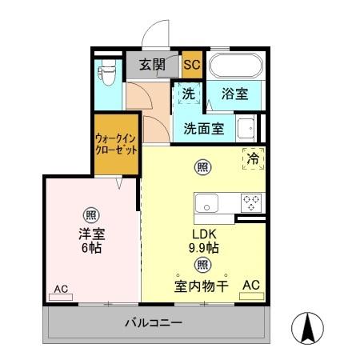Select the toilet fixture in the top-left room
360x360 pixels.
pyautogui.click(x=106, y=76)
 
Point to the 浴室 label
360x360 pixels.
pyautogui.click(x=234, y=94)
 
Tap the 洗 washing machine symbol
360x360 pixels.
pyautogui.click(x=189, y=94)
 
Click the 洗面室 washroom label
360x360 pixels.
pyautogui.click(x=204, y=127)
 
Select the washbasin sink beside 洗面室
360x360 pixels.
pyautogui.click(x=246, y=126)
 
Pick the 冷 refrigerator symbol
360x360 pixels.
pyautogui.click(x=253, y=158)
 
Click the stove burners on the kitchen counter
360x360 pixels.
pyautogui.click(x=251, y=201)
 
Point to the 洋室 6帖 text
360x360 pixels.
pyautogui.click(x=91, y=241)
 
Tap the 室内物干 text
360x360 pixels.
pyautogui.click(x=202, y=285)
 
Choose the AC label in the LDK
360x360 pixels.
pyautogui.click(x=251, y=285)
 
